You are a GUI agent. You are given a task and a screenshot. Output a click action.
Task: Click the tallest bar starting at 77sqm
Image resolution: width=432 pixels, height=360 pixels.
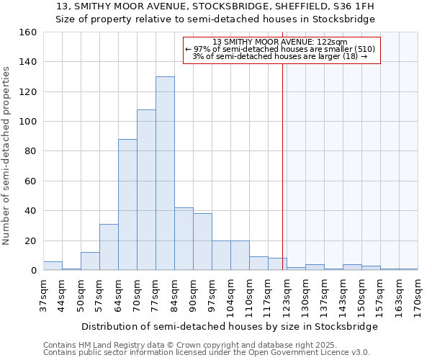pyautogui.click(x=165, y=174)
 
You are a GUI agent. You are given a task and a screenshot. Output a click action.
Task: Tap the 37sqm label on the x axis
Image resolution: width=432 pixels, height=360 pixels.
pyautogui.click(x=43, y=295)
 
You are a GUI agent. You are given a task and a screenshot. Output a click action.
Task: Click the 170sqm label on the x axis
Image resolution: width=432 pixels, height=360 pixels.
pyautogui.click(x=418, y=295)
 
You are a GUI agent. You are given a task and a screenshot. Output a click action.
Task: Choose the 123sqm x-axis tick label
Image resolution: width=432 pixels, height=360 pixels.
pyautogui.click(x=287, y=295)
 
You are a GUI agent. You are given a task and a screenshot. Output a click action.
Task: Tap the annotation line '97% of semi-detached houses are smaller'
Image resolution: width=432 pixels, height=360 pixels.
pyautogui.click(x=281, y=49)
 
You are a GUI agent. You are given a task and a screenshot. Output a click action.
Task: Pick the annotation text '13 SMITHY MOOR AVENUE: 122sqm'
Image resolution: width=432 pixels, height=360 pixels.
pyautogui.click(x=281, y=42)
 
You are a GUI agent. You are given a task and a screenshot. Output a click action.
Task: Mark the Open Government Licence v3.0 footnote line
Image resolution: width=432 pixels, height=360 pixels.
pyautogui.click(x=206, y=352)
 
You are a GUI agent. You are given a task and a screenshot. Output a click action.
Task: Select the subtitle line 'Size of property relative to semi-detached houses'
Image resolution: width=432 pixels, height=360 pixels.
pyautogui.click(x=215, y=19)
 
